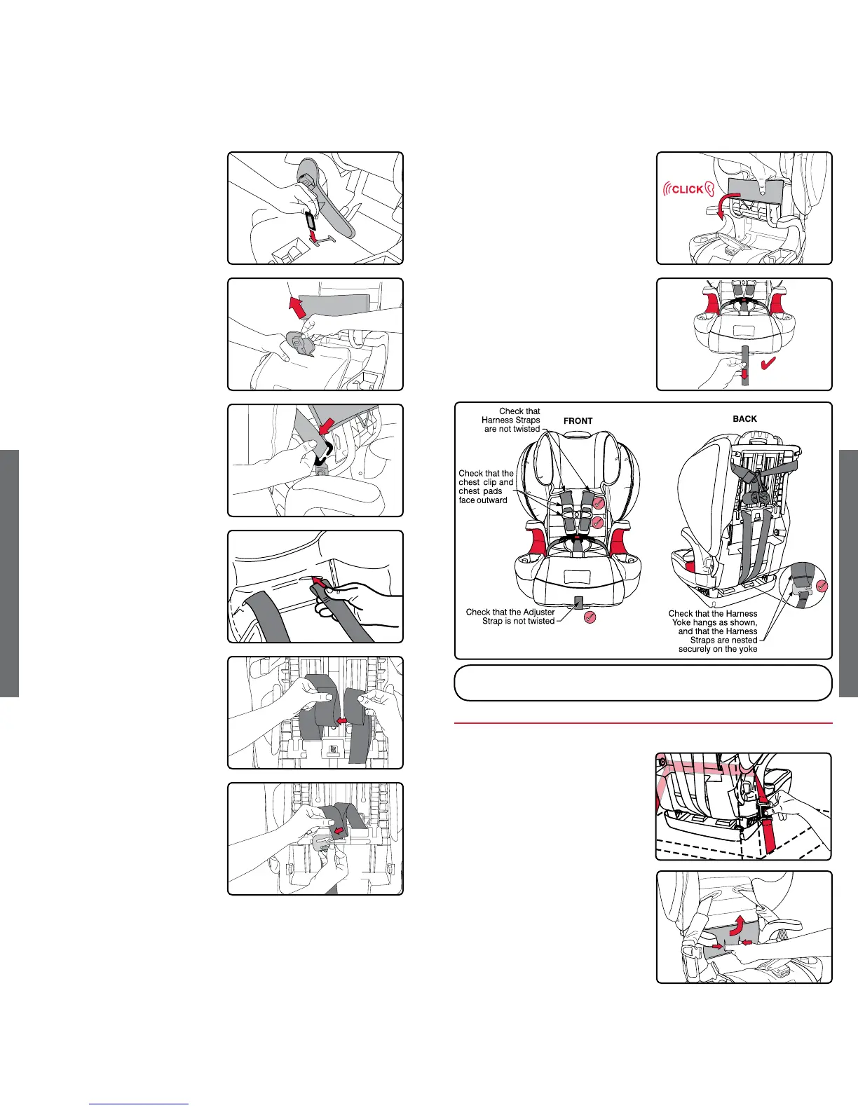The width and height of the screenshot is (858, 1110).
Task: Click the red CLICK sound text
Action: click(x=688, y=189)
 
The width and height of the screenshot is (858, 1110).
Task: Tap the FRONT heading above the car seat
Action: click(x=578, y=421)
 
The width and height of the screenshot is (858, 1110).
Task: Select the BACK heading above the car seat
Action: click(x=744, y=419)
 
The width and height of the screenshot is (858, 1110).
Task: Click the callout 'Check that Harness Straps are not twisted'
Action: click(x=511, y=420)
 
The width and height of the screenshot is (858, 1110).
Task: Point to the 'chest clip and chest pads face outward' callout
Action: click(x=486, y=487)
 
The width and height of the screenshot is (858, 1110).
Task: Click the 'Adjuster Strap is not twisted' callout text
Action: click(x=510, y=617)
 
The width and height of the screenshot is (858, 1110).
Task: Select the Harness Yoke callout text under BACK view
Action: click(x=713, y=631)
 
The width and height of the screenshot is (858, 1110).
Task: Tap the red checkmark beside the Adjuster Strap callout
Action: click(x=590, y=617)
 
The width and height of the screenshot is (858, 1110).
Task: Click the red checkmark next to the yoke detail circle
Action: click(x=822, y=586)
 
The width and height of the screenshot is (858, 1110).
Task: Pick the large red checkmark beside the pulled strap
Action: click(x=768, y=363)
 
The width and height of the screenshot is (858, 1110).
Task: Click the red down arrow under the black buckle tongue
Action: click(x=314, y=236)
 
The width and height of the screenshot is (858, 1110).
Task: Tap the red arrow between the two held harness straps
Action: click(x=342, y=721)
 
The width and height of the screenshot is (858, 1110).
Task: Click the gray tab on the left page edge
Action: click(x=9, y=573)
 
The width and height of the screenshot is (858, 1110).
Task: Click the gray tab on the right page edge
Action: click(x=848, y=573)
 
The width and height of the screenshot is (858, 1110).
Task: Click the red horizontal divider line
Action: click(x=643, y=723)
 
